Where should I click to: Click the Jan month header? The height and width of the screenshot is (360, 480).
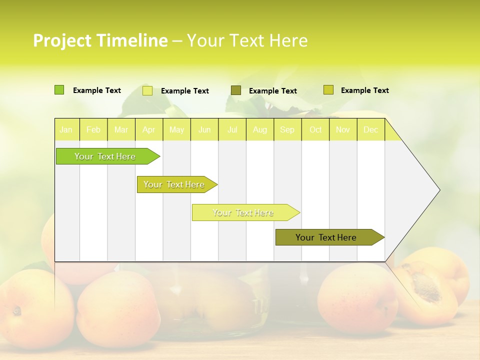click(x=66, y=130)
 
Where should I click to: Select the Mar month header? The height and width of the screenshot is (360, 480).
click(x=121, y=130)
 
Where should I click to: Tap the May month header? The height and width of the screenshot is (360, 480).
click(x=176, y=130)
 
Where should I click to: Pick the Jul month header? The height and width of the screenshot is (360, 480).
click(x=232, y=130)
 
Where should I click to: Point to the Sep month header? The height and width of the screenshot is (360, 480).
click(x=287, y=130)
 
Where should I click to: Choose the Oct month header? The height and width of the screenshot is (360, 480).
click(x=315, y=130)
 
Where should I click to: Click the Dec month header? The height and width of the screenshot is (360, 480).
click(x=370, y=130)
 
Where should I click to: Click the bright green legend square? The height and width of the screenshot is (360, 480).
click(x=59, y=90)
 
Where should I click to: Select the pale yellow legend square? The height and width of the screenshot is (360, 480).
click(x=147, y=90)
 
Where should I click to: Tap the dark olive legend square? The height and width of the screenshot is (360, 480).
click(x=236, y=90)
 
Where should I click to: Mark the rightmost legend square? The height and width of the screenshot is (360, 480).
click(x=328, y=90)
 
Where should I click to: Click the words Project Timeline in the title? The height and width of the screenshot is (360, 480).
click(x=100, y=40)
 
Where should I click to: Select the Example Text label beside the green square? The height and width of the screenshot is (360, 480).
click(x=97, y=90)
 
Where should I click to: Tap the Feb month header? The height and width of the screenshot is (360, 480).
click(x=93, y=130)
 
